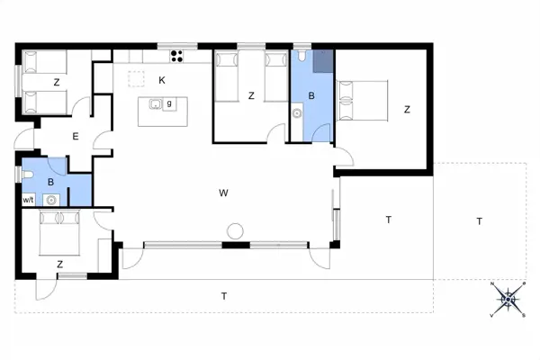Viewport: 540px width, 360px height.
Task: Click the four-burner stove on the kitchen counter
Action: tap(177, 56)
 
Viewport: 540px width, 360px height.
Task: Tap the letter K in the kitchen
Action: tap(162, 80)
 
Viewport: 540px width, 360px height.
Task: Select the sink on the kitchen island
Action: tap(156, 104)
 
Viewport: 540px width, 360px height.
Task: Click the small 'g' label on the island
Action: tap(169, 103)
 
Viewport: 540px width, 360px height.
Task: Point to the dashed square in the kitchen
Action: tap(136, 79)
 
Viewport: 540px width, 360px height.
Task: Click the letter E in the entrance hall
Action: tap(76, 137)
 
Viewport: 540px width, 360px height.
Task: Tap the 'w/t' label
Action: tap(28, 200)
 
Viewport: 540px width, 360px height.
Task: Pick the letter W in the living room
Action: tap(223, 193)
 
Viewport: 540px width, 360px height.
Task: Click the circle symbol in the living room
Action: tap(235, 230)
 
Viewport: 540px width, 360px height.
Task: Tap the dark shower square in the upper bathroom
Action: tap(321, 60)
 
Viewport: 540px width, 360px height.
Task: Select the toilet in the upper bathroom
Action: tap(301, 58)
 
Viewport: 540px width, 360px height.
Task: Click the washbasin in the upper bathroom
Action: tap(297, 113)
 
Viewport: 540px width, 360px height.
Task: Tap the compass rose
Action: tap(508, 299)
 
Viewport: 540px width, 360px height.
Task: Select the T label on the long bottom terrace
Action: tap(224, 296)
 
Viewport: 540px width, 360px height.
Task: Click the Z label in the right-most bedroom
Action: tap(407, 110)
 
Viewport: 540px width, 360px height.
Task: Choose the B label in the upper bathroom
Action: tap(311, 94)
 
